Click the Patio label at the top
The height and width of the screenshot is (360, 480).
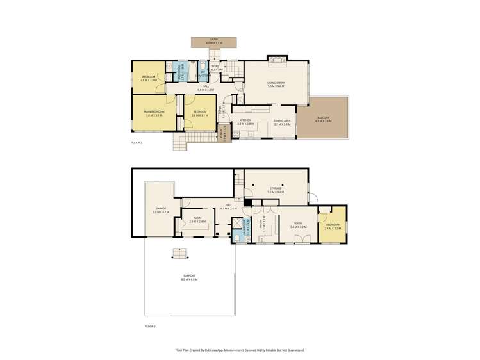coord(214,41)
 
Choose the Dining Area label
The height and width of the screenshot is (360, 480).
coord(283,122)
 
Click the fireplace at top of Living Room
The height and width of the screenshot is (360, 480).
coord(277,60)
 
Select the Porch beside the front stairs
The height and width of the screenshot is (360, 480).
coord(224,136)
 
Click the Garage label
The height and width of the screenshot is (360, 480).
coord(161,210)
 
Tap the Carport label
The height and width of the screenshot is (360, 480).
coord(188,277)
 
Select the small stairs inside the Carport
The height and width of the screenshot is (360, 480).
coord(179,253)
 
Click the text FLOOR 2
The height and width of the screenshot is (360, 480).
coord(137,142)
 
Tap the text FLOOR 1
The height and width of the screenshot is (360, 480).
coord(150,326)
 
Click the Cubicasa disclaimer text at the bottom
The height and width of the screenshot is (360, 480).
coord(240,350)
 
